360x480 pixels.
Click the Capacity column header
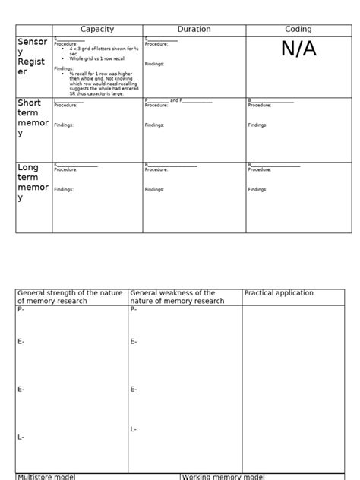click(x=97, y=30)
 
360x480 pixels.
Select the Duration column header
click(x=194, y=30)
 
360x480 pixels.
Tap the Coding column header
click(x=298, y=30)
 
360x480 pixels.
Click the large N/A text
click(x=298, y=49)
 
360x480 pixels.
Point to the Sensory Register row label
click(x=33, y=57)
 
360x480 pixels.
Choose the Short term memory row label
click(x=33, y=118)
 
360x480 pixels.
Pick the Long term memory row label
click(x=33, y=182)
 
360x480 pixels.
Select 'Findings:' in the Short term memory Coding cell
click(x=257, y=125)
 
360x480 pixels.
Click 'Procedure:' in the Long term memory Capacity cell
click(x=65, y=170)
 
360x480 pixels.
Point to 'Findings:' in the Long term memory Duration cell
click(x=154, y=190)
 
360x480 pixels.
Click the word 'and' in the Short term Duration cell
click(x=175, y=100)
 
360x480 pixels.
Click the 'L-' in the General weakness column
click(x=134, y=429)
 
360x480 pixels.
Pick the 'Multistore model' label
click(x=46, y=477)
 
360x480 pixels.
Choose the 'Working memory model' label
click(x=223, y=477)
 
